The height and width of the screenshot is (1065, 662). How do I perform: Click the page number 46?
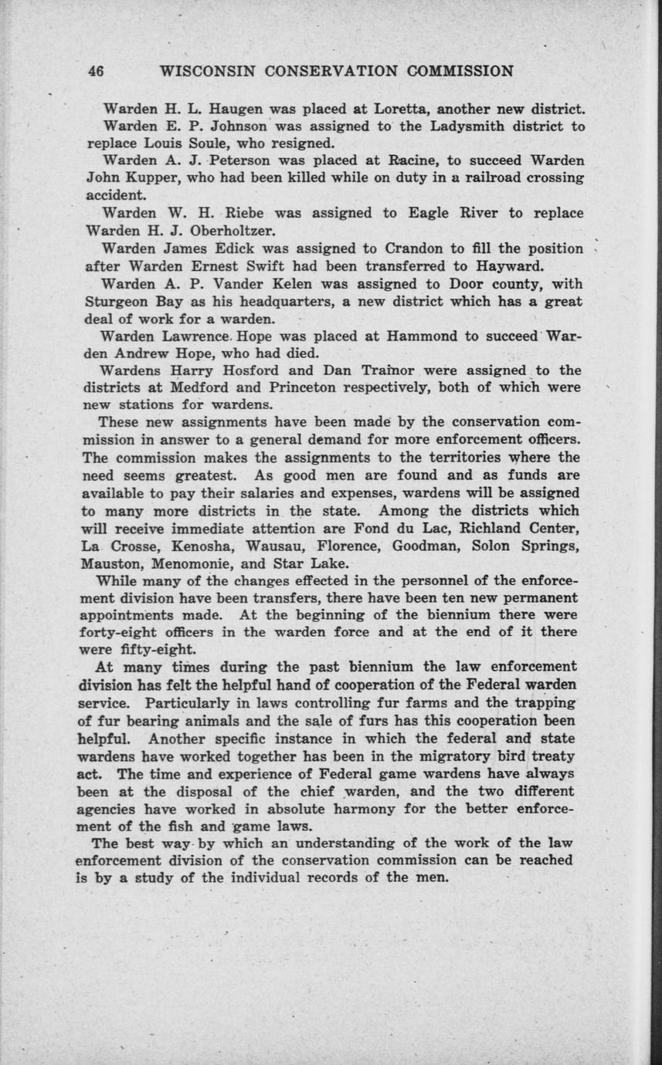[x=96, y=72]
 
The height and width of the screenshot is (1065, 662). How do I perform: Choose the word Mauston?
[x=110, y=563]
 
